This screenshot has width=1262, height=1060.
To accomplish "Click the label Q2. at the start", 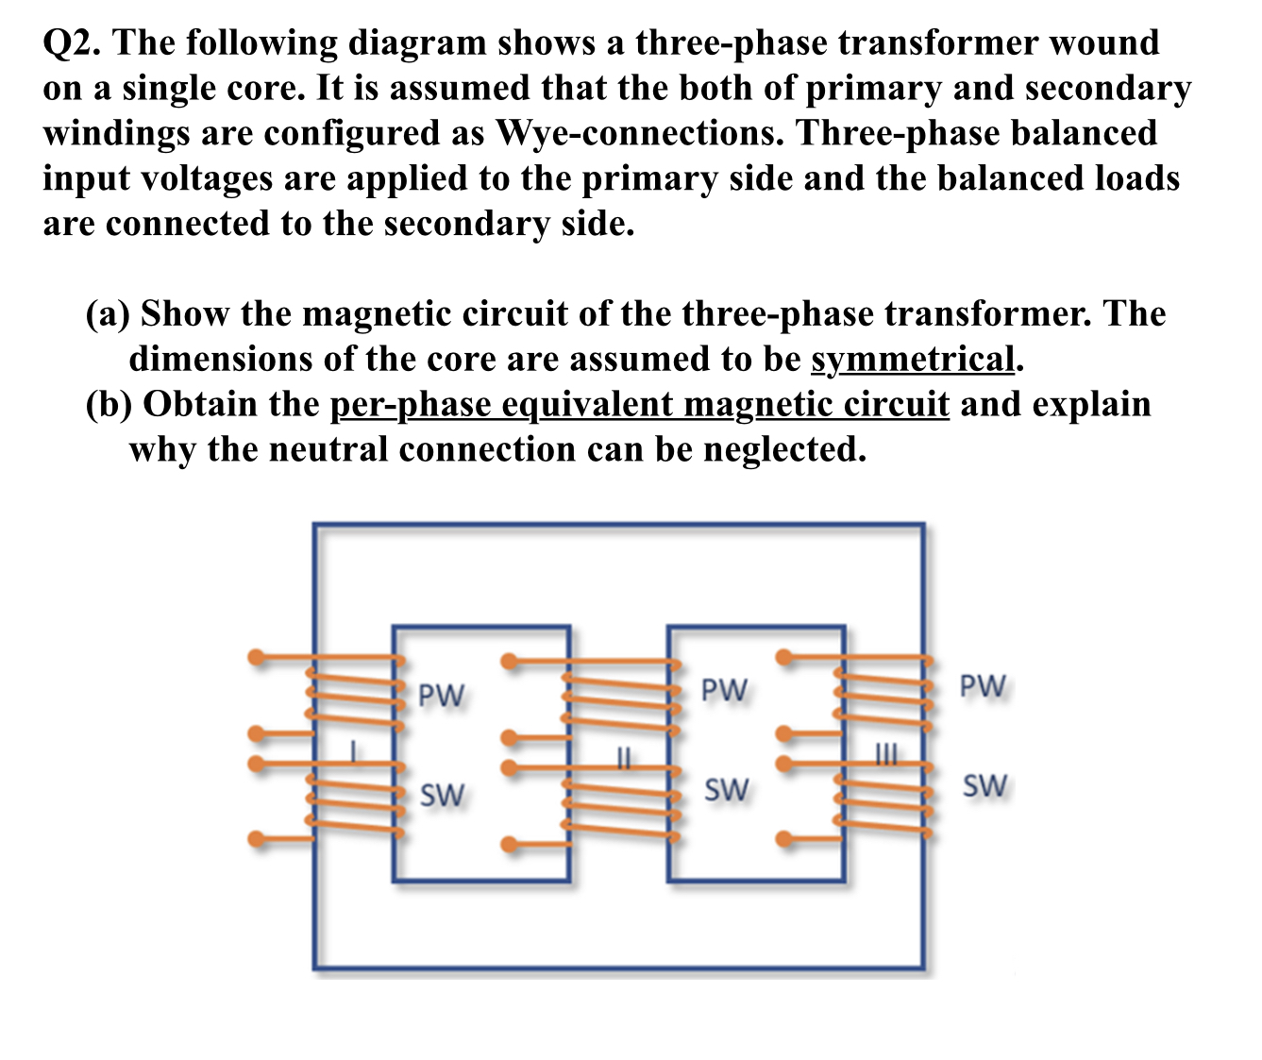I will tap(75, 43).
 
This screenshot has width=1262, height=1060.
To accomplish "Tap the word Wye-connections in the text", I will tap(633, 134).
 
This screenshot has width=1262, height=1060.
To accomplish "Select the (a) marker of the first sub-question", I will tap(109, 314).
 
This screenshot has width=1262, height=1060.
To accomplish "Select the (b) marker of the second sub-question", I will tap(109, 405).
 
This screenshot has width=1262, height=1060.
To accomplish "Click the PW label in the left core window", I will tap(441, 695).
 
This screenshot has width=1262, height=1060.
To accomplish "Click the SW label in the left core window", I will tap(442, 796).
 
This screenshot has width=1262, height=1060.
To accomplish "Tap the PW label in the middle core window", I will tap(724, 690).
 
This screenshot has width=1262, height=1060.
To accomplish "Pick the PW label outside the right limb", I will tap(983, 686).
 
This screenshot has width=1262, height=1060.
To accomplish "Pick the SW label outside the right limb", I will tap(984, 785).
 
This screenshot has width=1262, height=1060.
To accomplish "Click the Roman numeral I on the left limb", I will tap(353, 752).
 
